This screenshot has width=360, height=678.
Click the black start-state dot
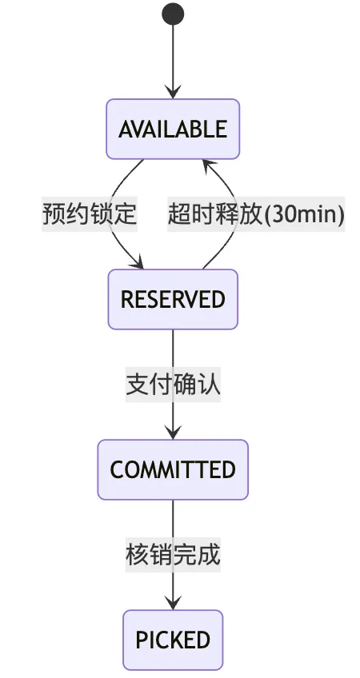tap(173, 14)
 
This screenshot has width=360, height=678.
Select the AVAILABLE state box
tap(173, 129)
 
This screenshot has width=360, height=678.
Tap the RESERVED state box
tap(173, 299)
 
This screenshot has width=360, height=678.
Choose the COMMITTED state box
tap(173, 469)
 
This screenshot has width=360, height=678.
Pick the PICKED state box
tap(173, 640)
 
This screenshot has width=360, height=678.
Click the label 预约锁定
tap(90, 214)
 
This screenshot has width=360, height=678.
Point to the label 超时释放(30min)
tap(256, 214)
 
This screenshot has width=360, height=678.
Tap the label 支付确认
tap(173, 385)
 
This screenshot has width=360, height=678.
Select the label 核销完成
tap(173, 555)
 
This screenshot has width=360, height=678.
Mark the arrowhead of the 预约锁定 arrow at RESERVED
tap(137, 262)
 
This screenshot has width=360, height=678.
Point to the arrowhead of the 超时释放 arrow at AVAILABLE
tap(209, 166)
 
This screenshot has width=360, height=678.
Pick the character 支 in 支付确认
tap(138, 385)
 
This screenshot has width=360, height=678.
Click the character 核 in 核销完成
tap(138, 555)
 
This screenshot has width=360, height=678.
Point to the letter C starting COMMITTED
tap(118, 470)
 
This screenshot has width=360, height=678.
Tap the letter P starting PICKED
tap(142, 640)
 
